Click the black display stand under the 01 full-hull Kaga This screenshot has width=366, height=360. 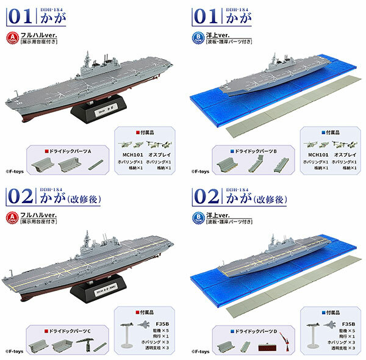[94, 111]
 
